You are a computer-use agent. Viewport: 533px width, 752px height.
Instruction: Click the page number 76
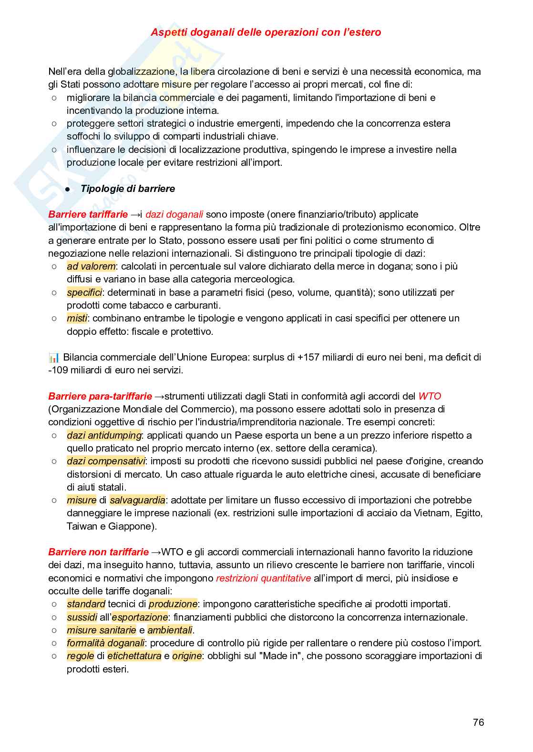coord(478,722)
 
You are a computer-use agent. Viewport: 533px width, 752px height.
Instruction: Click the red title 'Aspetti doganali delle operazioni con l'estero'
coord(266,32)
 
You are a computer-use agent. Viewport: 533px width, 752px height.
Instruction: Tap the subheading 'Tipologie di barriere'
coord(127,189)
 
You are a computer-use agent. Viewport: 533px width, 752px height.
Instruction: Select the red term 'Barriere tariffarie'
coord(88,214)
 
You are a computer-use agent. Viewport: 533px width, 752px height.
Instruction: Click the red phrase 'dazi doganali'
coord(174,214)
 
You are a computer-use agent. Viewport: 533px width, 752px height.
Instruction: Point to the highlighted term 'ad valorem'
coord(91,266)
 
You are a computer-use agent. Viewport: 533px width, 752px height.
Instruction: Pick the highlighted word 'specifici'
coord(84,292)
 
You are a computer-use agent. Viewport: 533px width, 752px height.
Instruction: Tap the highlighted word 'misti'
coord(77,318)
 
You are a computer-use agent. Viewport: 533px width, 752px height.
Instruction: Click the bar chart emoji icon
coord(54,357)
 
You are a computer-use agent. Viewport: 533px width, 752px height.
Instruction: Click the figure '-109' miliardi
coord(58,370)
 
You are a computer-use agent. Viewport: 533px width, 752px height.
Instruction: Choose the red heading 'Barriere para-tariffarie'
coord(100,396)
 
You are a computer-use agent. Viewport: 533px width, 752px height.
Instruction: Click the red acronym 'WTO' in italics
coord(430,396)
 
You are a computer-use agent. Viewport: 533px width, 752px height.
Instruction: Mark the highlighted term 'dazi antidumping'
coord(104,435)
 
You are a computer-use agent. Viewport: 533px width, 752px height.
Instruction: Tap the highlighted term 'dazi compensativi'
coord(106,461)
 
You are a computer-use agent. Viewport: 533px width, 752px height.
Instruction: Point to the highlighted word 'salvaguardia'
coord(137,500)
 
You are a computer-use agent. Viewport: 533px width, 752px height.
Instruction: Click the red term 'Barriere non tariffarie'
coord(99,552)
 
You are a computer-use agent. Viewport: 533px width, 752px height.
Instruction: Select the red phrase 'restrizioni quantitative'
coord(263,578)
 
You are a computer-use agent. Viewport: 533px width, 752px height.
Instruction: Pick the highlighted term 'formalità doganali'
coord(105,643)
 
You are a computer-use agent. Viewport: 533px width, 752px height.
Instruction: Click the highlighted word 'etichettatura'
coord(134,656)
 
